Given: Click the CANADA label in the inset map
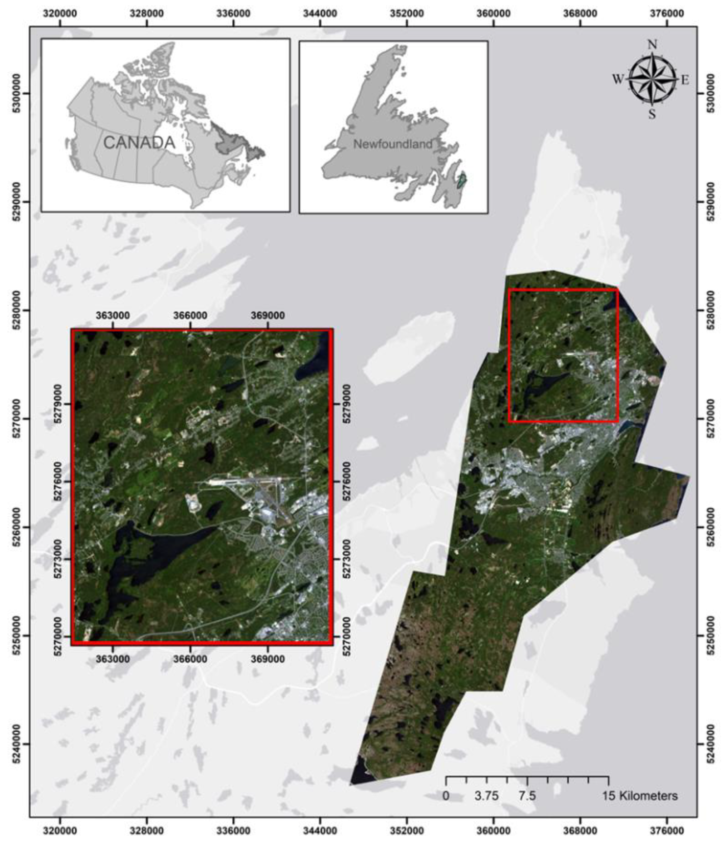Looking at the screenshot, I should pyautogui.click(x=139, y=143).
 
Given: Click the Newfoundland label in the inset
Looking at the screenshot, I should pyautogui.click(x=393, y=144).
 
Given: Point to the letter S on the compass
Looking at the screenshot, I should pyautogui.click(x=652, y=114).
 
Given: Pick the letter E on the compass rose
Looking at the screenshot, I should pyautogui.click(x=685, y=80).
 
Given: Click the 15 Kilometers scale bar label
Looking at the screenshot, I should pyautogui.click(x=640, y=795).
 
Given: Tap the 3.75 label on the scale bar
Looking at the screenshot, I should pyautogui.click(x=486, y=795).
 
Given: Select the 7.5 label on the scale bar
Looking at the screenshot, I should pyautogui.click(x=527, y=795).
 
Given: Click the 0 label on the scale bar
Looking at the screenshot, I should pyautogui.click(x=446, y=795).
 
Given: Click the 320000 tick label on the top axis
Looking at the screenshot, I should pyautogui.click(x=60, y=14).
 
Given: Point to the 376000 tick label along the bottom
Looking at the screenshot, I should pyautogui.click(x=667, y=831).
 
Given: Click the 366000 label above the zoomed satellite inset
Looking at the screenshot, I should pyautogui.click(x=190, y=315).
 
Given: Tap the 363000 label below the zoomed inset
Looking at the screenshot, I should pyautogui.click(x=113, y=659).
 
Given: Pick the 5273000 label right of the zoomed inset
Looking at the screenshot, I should pyautogui.click(x=346, y=559).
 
